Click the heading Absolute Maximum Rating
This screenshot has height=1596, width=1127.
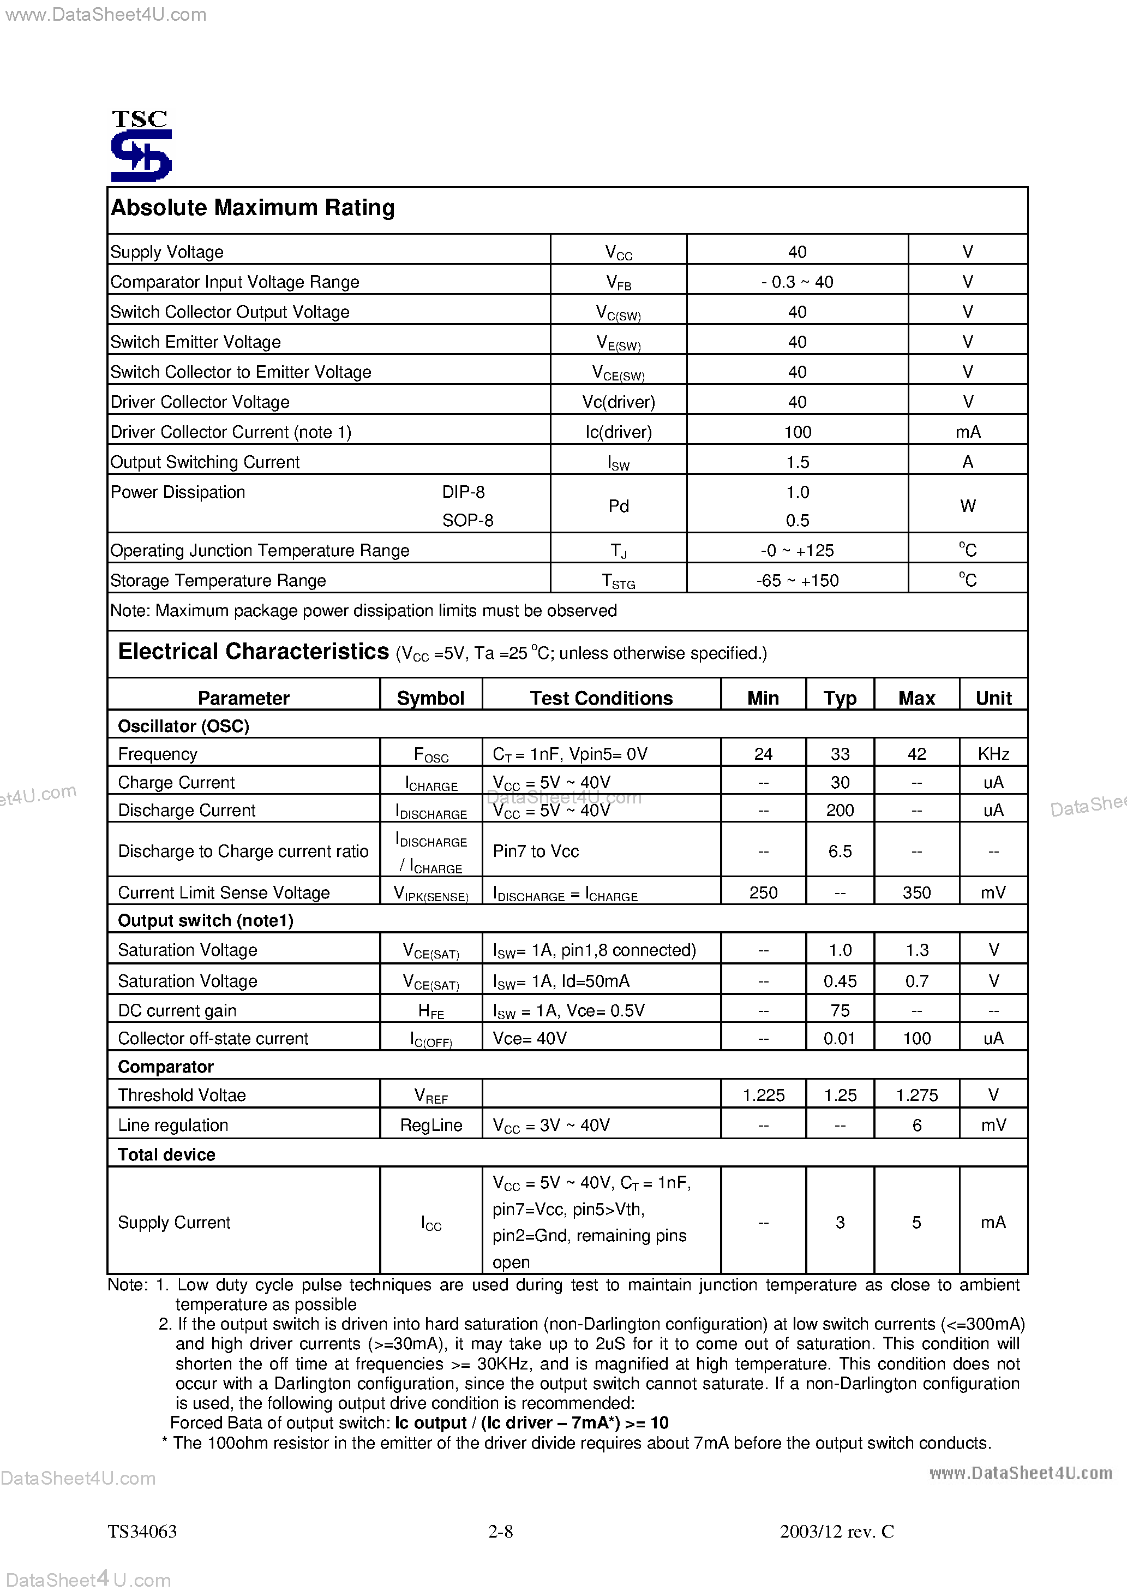[x=253, y=208]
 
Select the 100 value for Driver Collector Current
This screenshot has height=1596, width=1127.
[x=797, y=432]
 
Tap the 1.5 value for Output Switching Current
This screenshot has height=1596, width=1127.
[x=797, y=462]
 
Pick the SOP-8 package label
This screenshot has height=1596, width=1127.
[x=467, y=521]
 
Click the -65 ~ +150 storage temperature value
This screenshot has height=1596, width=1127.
[x=797, y=580]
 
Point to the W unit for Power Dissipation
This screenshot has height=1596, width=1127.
[x=967, y=506]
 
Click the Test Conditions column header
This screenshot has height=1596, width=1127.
[x=601, y=698]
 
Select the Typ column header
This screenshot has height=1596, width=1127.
[x=840, y=698]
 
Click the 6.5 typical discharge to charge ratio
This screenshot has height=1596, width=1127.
[x=840, y=851]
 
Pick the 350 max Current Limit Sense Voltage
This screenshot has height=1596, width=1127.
[x=916, y=892]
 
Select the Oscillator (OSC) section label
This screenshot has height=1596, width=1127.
[x=183, y=726]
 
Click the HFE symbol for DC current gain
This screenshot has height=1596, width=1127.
[x=431, y=1011]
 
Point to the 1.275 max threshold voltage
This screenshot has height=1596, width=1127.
[x=916, y=1095]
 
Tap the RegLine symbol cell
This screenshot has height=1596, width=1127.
[x=431, y=1125]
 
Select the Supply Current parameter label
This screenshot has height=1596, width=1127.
[x=173, y=1223]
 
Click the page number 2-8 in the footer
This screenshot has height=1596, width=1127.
[x=500, y=1532]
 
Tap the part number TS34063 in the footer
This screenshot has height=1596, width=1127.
[x=142, y=1532]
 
